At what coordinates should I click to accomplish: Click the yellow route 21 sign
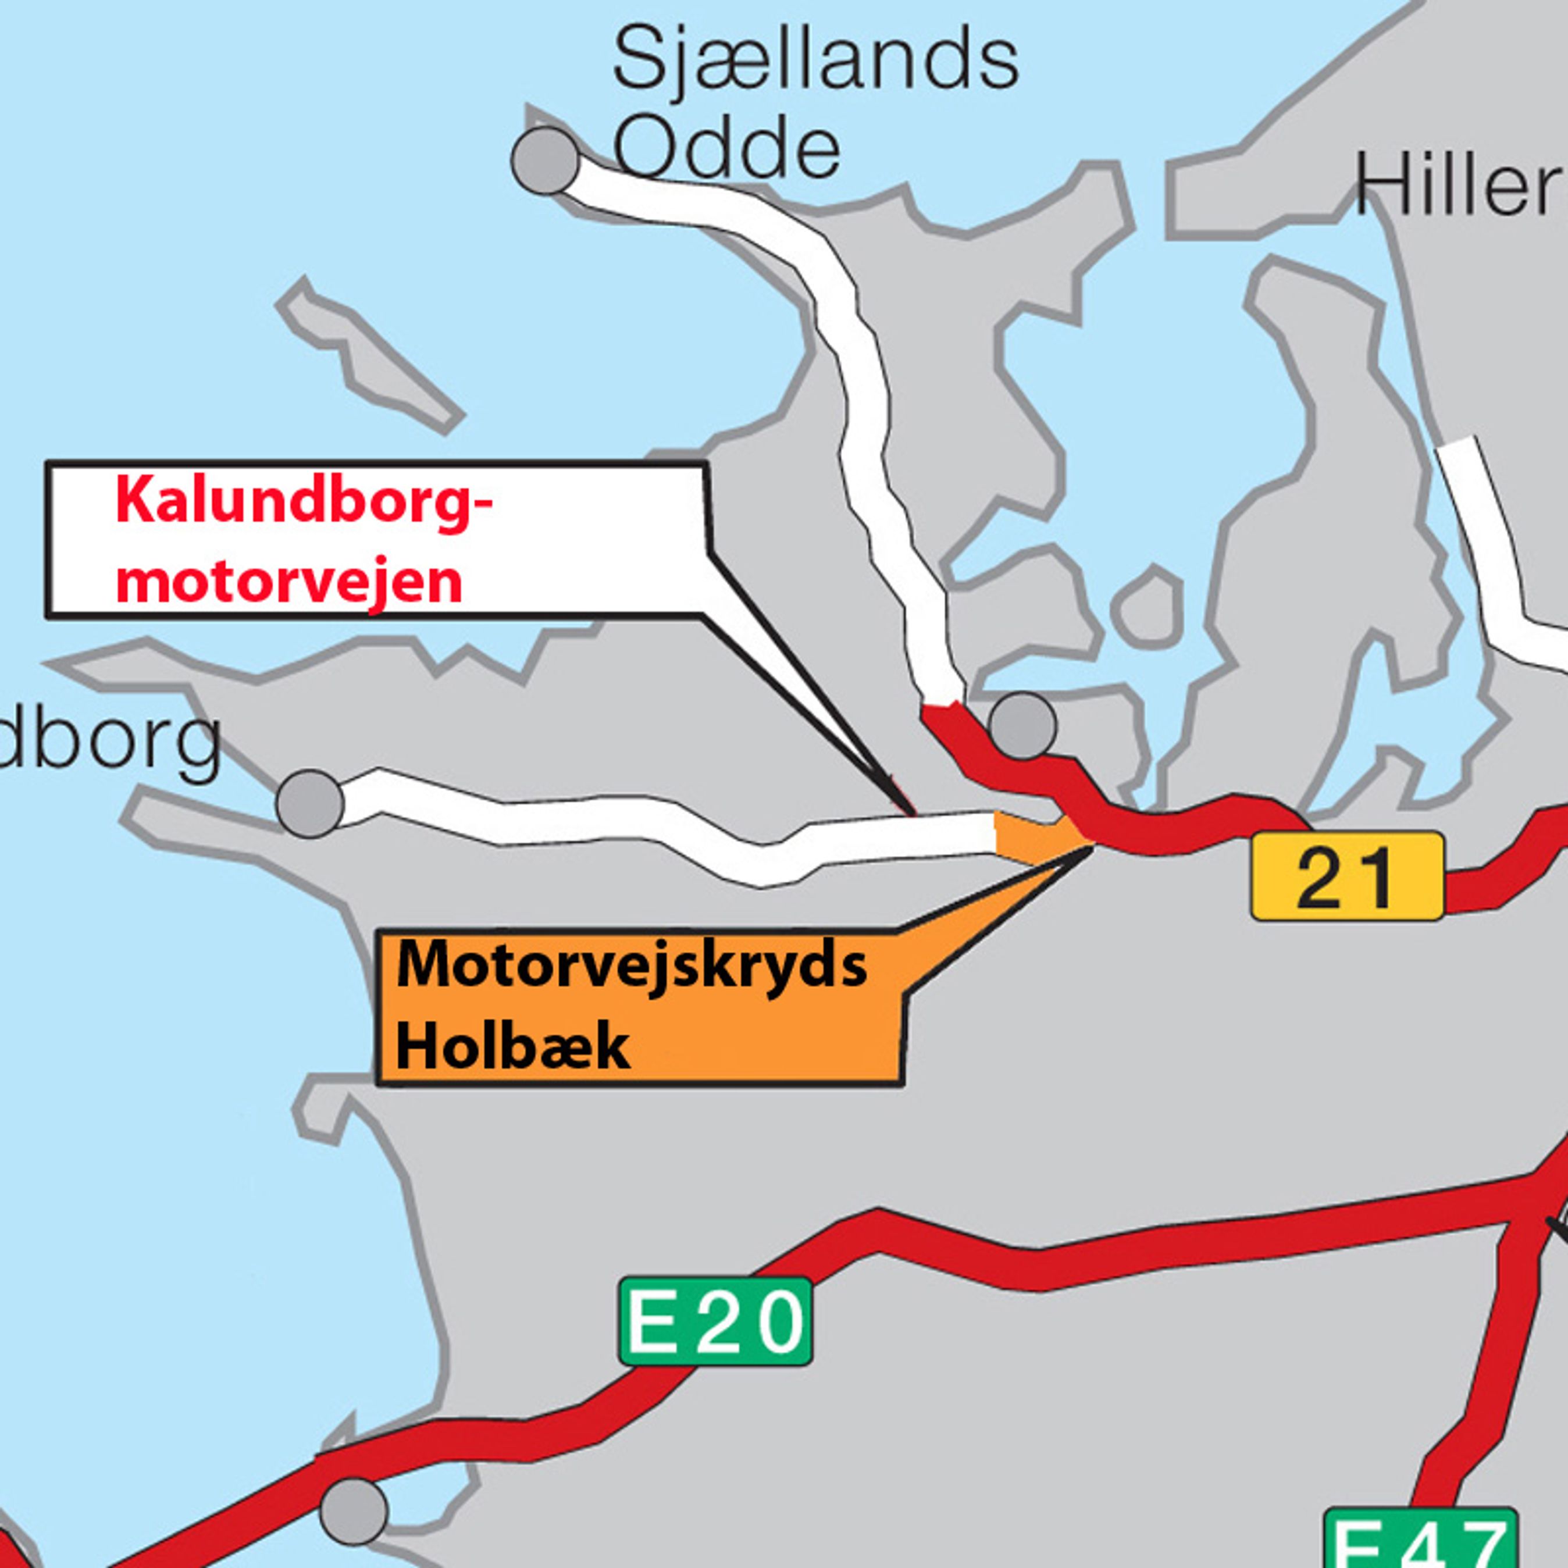click(x=1347, y=876)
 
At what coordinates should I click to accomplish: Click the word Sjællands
click(x=815, y=61)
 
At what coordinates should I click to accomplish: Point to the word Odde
click(x=726, y=150)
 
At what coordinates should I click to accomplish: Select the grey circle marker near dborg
click(x=310, y=803)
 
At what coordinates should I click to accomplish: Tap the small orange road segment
click(x=1035, y=836)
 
